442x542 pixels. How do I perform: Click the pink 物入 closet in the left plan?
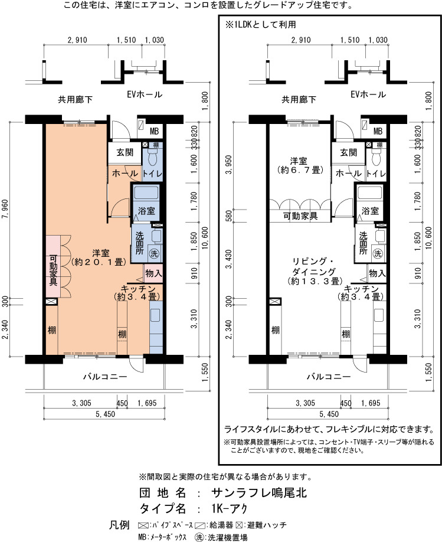pyautogui.click(x=153, y=273)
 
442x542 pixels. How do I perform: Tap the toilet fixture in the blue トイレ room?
pyautogui.click(x=152, y=158)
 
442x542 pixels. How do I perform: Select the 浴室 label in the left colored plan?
pyautogui.click(x=146, y=211)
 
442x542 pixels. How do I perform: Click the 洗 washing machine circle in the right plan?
pyautogui.click(x=378, y=253)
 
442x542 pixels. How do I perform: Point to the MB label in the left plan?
pyautogui.click(x=154, y=131)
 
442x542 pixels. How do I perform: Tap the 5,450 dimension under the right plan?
pyautogui.click(x=329, y=414)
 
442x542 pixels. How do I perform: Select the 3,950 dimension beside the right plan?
pyautogui.click(x=229, y=165)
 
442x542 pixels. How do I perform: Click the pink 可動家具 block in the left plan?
pyautogui.click(x=53, y=266)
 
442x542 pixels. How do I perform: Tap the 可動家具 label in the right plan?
pyautogui.click(x=300, y=216)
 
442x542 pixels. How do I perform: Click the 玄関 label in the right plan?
pyautogui.click(x=348, y=152)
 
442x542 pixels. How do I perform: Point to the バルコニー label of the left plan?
pyautogui.click(x=105, y=377)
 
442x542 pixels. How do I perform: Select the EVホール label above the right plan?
pyautogui.click(x=368, y=94)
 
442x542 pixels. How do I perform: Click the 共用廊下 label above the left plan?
pyautogui.click(x=75, y=100)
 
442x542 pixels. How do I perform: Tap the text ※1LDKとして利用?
pyautogui.click(x=261, y=25)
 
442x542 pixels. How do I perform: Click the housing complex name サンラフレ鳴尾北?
pyautogui.click(x=259, y=492)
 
